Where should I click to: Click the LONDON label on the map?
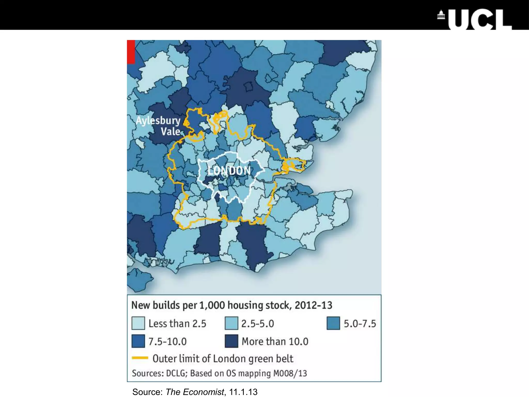coord(229,171)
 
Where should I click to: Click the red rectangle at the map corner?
coord(131,52)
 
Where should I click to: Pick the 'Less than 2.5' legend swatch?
coord(138,323)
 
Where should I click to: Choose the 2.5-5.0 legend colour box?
coord(231,323)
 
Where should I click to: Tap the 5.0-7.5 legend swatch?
coord(333,323)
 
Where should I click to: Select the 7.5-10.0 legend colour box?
coord(138,341)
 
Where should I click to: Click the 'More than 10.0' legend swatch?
coord(231,341)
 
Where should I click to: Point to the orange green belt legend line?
coord(140,358)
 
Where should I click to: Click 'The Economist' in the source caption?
coord(195,392)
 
